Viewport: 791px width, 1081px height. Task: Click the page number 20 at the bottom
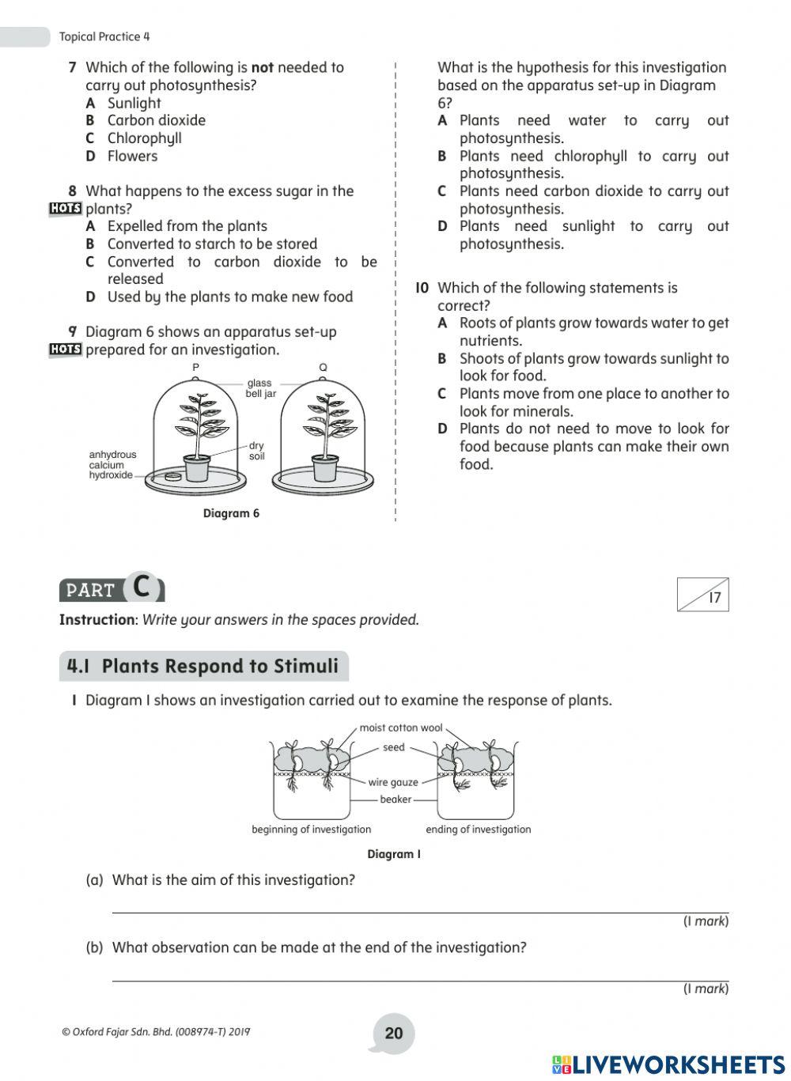click(393, 1033)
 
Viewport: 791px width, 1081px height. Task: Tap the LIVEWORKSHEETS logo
click(668, 1064)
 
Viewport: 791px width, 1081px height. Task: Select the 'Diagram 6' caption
click(231, 513)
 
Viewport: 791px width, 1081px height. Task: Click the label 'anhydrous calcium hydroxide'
click(112, 465)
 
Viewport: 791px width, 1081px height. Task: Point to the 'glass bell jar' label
click(260, 388)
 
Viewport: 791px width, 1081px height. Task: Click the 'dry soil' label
click(256, 451)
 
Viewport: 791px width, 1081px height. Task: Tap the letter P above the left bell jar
click(195, 368)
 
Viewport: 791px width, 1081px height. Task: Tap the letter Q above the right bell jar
click(323, 368)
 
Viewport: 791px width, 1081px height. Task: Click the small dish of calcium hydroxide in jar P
click(172, 476)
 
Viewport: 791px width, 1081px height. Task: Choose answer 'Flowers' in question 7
click(132, 156)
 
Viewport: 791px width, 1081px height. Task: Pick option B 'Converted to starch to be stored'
click(212, 244)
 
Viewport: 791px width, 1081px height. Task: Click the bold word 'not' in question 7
click(262, 67)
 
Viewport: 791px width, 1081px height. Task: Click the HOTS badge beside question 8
click(65, 209)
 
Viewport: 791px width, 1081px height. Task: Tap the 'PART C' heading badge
click(112, 589)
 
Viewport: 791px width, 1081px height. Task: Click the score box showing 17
click(702, 595)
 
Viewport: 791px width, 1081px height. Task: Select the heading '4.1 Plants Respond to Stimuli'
click(203, 666)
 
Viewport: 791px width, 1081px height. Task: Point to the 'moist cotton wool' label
click(400, 728)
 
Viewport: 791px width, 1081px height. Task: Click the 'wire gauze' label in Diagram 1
click(393, 782)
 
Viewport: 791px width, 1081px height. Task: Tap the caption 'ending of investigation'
click(478, 830)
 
